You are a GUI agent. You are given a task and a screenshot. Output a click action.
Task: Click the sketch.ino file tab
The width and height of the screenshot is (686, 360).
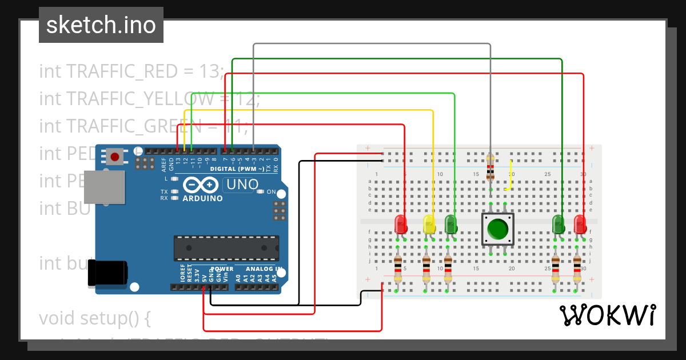pyautogui.click(x=101, y=25)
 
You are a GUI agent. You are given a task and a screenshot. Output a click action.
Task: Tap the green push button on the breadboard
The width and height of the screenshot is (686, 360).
pyautogui.click(x=497, y=229)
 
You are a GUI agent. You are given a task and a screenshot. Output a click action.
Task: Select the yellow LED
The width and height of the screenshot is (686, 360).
pyautogui.click(x=429, y=223)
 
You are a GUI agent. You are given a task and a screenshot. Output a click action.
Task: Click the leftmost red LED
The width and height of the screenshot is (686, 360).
pyautogui.click(x=401, y=223)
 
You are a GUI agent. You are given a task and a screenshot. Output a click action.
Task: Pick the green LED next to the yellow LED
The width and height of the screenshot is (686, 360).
pyautogui.click(x=450, y=223)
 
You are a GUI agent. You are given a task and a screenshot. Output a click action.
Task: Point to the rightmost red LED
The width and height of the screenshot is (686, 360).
pyautogui.click(x=580, y=223)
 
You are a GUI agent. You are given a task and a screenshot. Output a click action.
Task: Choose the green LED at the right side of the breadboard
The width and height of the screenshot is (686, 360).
pyautogui.click(x=559, y=223)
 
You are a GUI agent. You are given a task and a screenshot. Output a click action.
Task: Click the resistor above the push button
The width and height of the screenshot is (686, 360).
pyautogui.click(x=490, y=166)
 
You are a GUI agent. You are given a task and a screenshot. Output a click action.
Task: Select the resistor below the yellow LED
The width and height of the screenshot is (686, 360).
pyautogui.click(x=426, y=269)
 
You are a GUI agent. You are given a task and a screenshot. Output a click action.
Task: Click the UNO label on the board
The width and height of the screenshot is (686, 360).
pyautogui.click(x=240, y=185)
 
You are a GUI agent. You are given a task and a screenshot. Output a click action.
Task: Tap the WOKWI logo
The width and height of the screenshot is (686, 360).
pyautogui.click(x=607, y=315)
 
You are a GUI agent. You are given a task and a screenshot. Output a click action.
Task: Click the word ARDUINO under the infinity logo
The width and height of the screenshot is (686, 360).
pyautogui.click(x=202, y=198)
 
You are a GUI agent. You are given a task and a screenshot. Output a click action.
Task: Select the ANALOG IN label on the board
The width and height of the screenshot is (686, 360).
pyautogui.click(x=264, y=269)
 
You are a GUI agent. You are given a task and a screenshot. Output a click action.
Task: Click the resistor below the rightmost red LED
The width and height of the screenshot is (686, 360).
pyautogui.click(x=577, y=269)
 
